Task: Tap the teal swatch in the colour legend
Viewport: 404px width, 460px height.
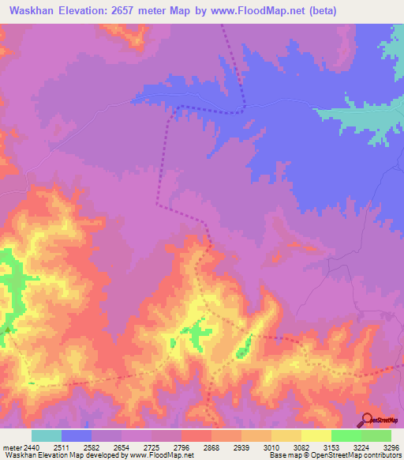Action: [47, 435]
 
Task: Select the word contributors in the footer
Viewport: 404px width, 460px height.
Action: [380, 455]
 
